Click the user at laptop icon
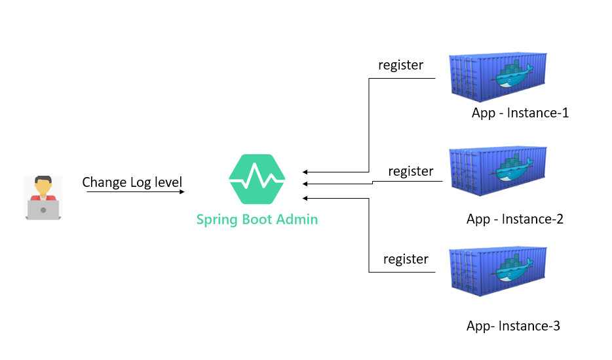pyautogui.click(x=43, y=197)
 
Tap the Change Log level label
pyautogui.click(x=132, y=182)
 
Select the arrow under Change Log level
pyautogui.click(x=135, y=192)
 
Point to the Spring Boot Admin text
pyautogui.click(x=257, y=220)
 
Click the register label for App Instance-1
pyautogui.click(x=400, y=65)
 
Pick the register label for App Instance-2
pyautogui.click(x=410, y=171)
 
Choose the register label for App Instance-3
pyautogui.click(x=406, y=259)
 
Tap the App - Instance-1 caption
pyautogui.click(x=520, y=113)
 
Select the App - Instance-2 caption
pyautogui.click(x=514, y=219)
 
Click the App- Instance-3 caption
pyautogui.click(x=513, y=326)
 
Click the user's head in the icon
pyautogui.click(x=43, y=186)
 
